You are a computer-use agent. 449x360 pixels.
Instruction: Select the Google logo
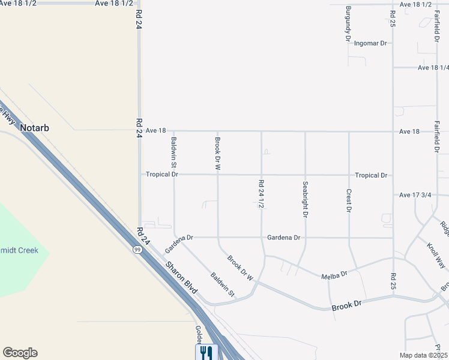click(20, 353)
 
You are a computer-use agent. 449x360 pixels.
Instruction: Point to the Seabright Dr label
click(305, 199)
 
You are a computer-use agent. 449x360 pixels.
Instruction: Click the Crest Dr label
click(349, 200)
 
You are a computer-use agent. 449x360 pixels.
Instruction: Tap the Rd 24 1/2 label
click(261, 194)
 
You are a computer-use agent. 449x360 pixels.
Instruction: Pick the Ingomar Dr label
click(371, 43)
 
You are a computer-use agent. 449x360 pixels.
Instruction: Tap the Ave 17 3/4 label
click(415, 195)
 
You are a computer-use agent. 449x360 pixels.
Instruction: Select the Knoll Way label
click(436, 254)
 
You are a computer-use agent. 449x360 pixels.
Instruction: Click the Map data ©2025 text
click(424, 355)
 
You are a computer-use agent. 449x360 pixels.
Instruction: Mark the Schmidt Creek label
click(18, 250)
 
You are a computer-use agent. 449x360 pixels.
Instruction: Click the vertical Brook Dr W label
click(218, 154)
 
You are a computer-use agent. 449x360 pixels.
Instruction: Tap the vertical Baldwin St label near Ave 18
click(173, 152)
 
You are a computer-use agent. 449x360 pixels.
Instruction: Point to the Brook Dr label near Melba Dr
click(346, 306)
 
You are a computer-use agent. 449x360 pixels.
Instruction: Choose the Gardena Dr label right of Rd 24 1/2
click(284, 238)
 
